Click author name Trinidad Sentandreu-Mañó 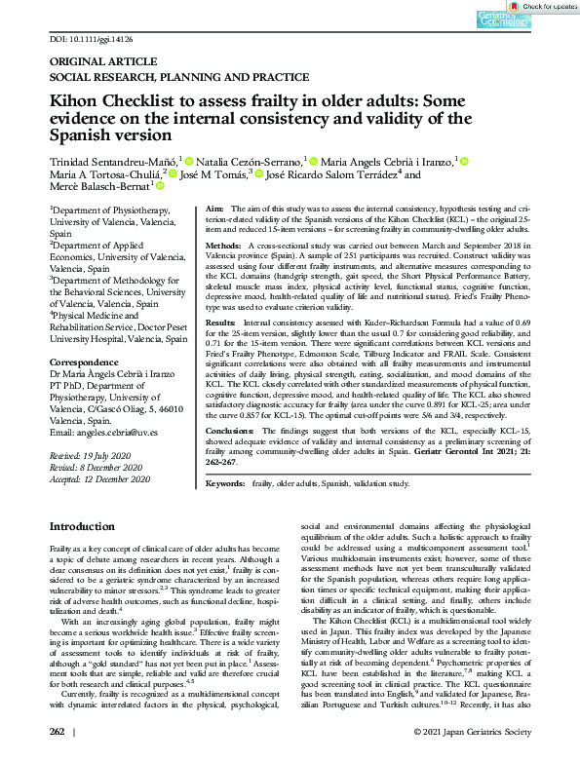(113, 159)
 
